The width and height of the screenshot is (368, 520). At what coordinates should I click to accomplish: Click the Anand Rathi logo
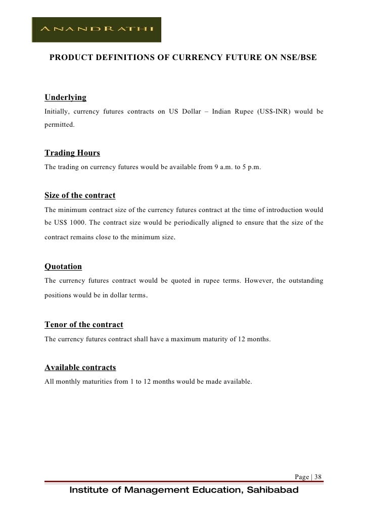[96, 30]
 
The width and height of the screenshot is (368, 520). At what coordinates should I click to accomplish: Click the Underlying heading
[65, 97]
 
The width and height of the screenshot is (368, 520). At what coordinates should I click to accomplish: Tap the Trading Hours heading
[72, 153]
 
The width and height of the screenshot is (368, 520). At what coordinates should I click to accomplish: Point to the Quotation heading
[63, 266]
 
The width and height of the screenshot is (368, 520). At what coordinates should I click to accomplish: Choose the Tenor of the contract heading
[84, 324]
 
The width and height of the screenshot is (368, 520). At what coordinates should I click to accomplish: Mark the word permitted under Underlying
[59, 124]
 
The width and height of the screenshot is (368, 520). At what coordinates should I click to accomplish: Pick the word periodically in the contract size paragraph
[174, 223]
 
